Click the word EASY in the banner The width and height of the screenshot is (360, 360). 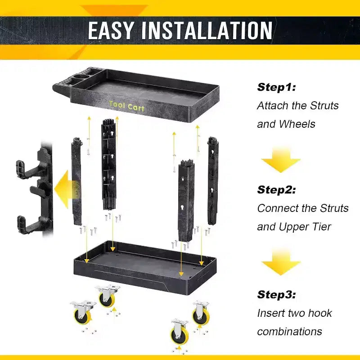coord(110,30)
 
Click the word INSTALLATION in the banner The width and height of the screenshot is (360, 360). coord(207,30)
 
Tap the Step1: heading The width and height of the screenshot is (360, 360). coord(276,87)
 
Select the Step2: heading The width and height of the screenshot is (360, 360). coord(276,190)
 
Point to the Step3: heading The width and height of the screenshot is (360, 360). coord(276,295)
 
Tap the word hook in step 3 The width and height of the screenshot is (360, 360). coord(320,313)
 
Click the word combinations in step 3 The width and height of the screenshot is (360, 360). coord(289,332)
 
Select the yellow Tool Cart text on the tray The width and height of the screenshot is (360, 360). coord(127,106)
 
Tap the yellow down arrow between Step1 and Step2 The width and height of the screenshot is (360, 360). coord(281,160)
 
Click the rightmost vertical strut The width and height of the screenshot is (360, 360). coord(212,181)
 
